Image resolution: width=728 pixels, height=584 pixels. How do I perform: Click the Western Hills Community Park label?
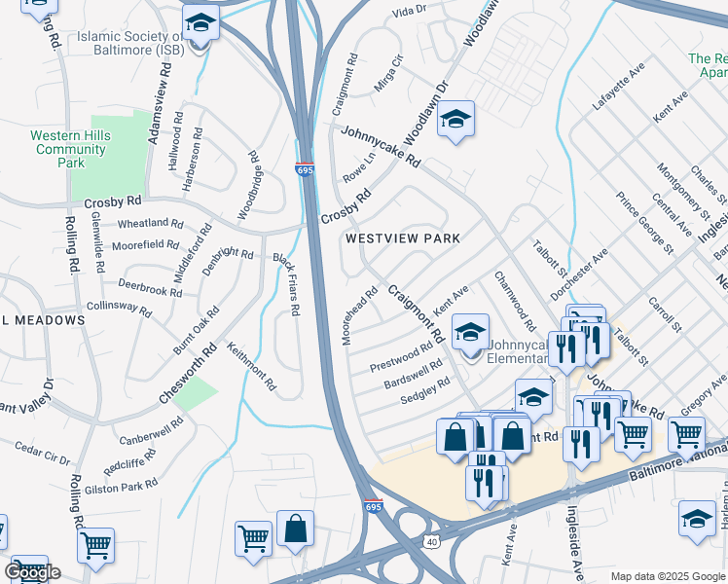68,149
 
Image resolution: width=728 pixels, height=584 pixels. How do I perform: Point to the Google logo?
32,572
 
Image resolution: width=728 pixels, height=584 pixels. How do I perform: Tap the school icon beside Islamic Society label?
200,22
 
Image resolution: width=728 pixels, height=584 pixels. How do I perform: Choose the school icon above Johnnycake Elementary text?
470,333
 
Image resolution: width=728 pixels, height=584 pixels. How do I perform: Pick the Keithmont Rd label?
251,366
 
